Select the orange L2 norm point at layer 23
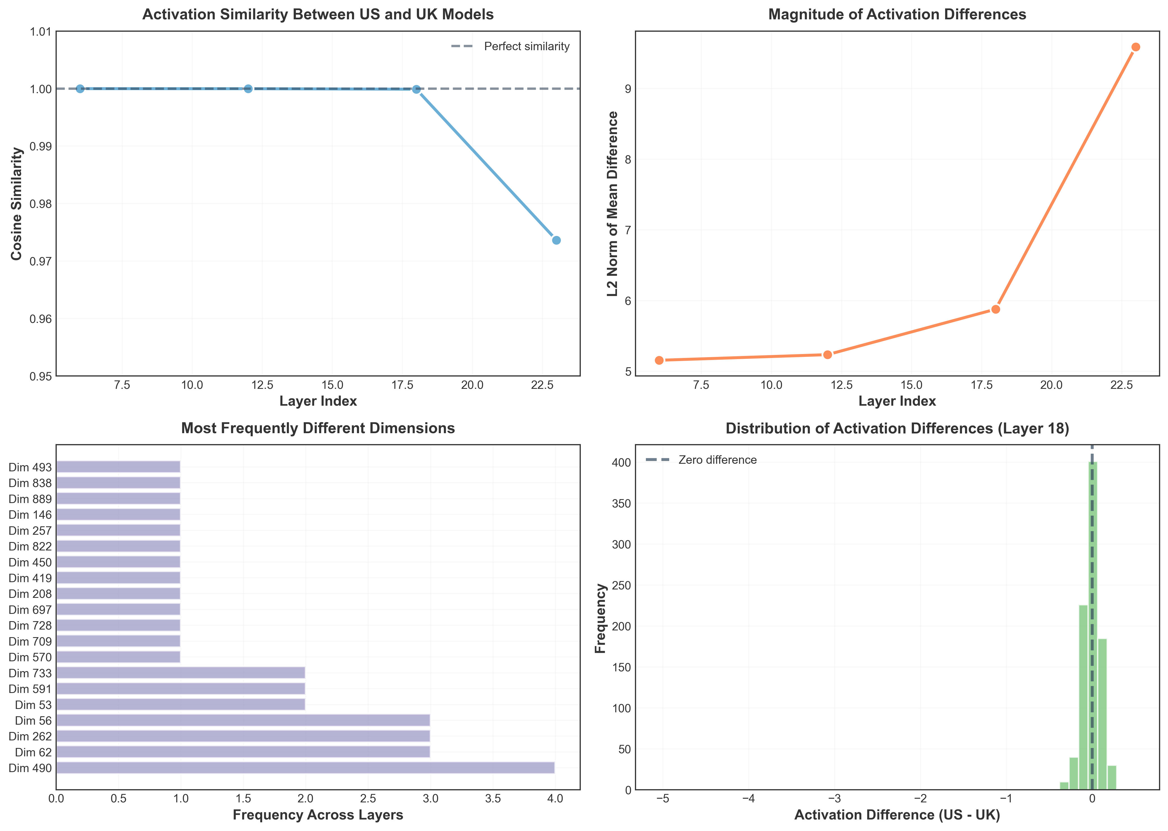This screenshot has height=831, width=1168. (x=1135, y=47)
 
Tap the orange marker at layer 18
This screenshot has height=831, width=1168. (x=995, y=309)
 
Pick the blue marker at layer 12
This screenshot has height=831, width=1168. (x=248, y=89)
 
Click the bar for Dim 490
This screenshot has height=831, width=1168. (x=305, y=768)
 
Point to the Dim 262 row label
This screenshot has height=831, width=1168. (x=30, y=736)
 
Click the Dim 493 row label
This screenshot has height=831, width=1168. (x=30, y=467)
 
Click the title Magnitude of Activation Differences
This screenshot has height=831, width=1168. (x=897, y=14)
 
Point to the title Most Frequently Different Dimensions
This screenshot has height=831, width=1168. (x=318, y=428)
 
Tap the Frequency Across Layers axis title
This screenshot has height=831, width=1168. (x=318, y=815)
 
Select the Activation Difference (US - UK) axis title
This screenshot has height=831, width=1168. (x=897, y=815)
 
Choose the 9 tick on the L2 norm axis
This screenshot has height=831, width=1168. (x=627, y=89)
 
